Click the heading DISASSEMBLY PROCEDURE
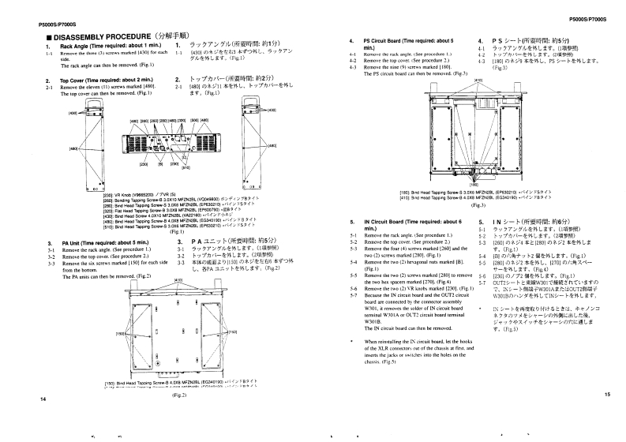coord(99,36)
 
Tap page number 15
coord(607,394)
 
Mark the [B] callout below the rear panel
coord(162,163)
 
